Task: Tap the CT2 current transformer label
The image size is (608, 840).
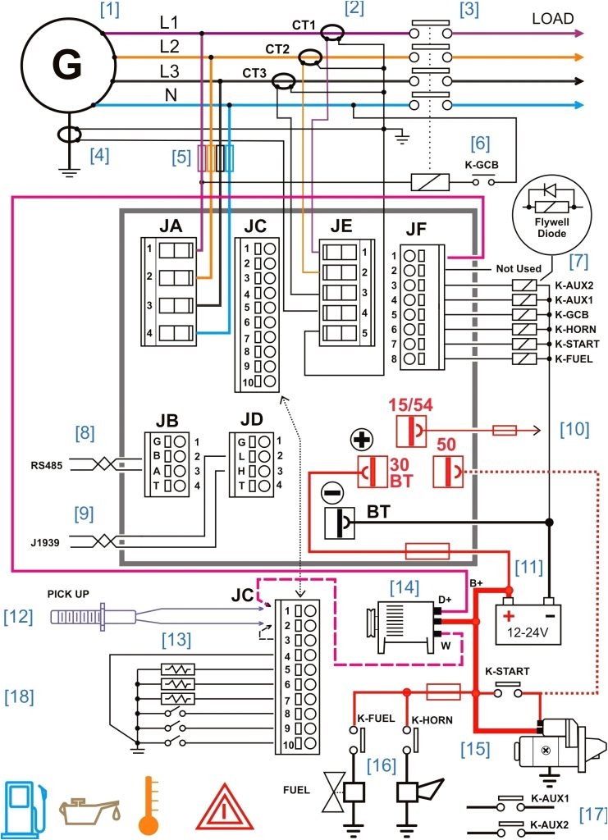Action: point(276,48)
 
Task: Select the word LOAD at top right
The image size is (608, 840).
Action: point(552,18)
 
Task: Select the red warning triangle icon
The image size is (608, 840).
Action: point(221,808)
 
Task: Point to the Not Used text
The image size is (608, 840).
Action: point(519,268)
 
